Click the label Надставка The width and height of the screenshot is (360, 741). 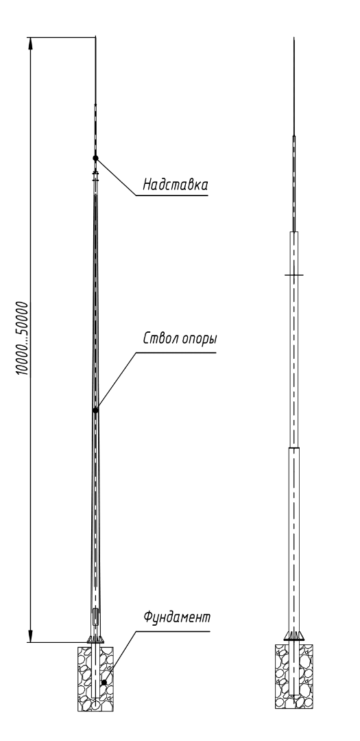176,184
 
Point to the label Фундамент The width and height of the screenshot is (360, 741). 177,617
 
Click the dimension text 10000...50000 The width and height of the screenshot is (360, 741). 22,338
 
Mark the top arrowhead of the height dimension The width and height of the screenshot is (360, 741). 31,43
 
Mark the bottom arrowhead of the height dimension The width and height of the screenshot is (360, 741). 31,636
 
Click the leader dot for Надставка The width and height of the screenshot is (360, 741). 95,158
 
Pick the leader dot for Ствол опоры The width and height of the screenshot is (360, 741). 95,410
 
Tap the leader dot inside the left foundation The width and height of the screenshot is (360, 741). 104,683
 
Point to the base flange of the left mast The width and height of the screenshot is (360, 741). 95,639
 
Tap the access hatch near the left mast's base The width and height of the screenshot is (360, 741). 96,617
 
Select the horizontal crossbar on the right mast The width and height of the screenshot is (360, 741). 293,274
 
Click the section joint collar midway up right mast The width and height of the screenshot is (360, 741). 294,447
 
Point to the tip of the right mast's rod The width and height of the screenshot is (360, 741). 294,38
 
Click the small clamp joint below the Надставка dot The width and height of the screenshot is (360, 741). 95,176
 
